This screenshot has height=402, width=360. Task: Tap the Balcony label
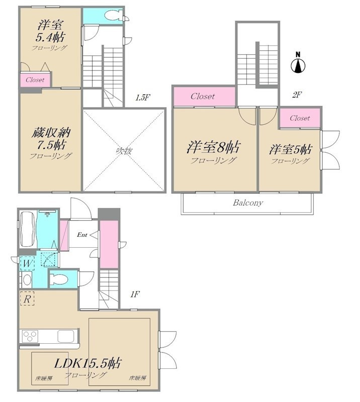[x=248, y=203]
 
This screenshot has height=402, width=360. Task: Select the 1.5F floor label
[x=143, y=97]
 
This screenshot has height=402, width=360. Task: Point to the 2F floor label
[x=297, y=95]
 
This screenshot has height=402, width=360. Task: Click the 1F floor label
[x=135, y=294]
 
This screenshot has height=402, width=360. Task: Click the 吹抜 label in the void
[x=124, y=151]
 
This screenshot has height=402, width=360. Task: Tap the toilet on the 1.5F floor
[x=113, y=15]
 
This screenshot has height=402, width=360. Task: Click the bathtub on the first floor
[x=27, y=229]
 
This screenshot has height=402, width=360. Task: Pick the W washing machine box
[x=28, y=263]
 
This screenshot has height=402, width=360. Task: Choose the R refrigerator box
[x=27, y=299]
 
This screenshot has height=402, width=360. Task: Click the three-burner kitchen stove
[x=30, y=336]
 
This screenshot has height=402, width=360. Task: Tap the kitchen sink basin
[x=66, y=336]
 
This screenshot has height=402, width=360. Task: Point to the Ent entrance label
[x=82, y=235]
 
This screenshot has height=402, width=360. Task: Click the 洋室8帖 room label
[x=214, y=147]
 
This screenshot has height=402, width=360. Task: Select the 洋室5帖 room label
[x=291, y=149]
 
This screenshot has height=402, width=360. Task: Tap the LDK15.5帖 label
[x=87, y=363]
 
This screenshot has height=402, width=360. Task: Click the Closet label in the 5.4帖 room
[x=35, y=80]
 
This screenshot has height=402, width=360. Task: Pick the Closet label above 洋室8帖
[x=203, y=96]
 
